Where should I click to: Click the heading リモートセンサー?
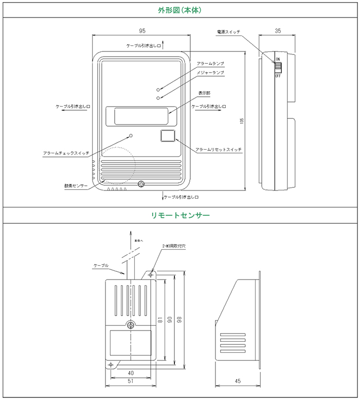pos(180,215)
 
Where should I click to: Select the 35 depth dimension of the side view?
pos(277,30)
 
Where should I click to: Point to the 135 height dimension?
pos(242,120)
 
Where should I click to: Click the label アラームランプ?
pos(210,63)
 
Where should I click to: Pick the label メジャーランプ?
pos(210,73)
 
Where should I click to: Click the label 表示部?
pos(204,93)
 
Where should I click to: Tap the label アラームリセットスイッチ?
pos(219,150)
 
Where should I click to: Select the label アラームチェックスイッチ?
pos(66,153)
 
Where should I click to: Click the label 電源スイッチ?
pos(228,32)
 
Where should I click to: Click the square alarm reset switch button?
pos(168,136)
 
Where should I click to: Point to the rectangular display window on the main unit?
pos(140,116)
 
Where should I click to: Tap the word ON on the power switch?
pos(278,59)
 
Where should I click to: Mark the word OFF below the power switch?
pos(278,76)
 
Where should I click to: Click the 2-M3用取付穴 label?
pos(177,246)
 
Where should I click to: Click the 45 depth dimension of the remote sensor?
pos(237,381)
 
